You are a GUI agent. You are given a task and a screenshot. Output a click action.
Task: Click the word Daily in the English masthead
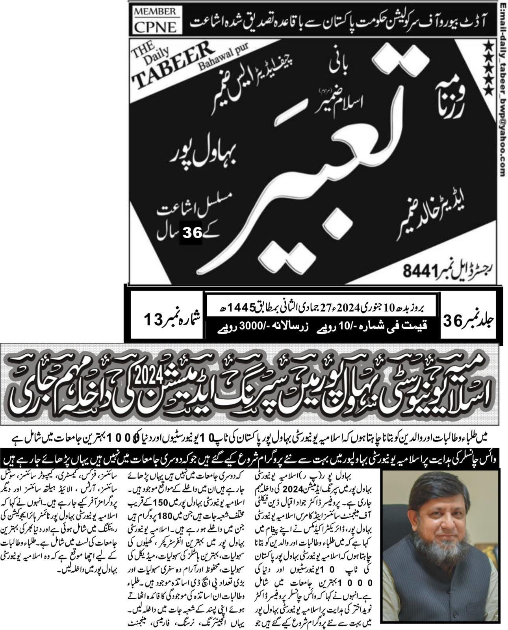(161, 56)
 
